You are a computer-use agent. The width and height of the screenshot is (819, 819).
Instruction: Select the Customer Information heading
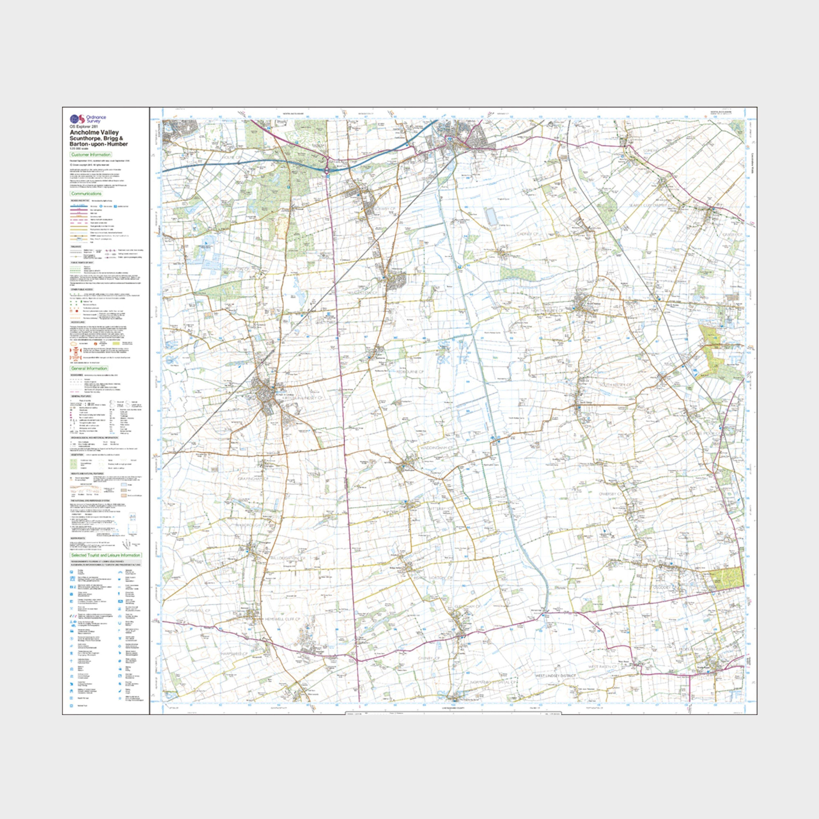coord(91,155)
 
